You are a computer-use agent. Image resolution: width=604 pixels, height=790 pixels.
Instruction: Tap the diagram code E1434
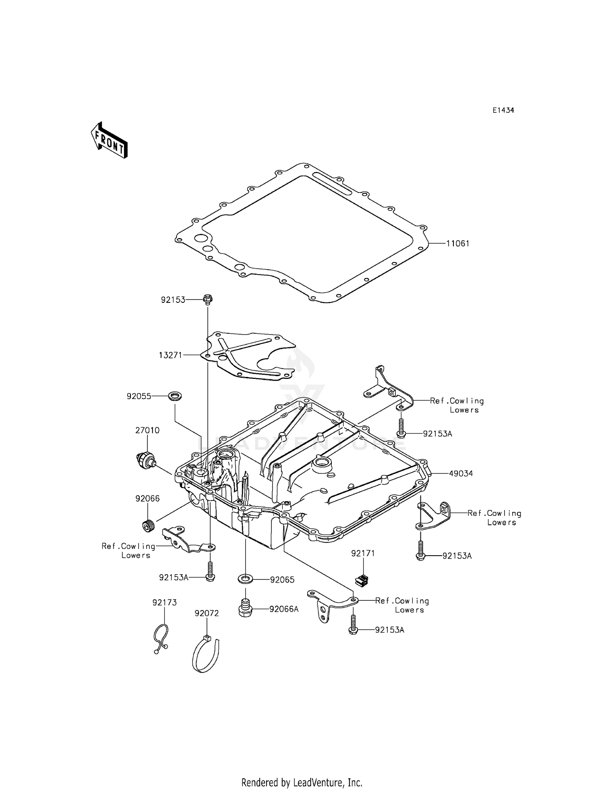coord(503,110)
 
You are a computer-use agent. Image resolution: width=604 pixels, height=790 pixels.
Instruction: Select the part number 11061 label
coord(457,244)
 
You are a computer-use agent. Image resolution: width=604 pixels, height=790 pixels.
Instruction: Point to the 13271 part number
coord(170,355)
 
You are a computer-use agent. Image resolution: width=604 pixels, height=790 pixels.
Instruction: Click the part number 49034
coord(461,474)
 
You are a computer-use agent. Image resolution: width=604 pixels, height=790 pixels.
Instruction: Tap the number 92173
coord(164,603)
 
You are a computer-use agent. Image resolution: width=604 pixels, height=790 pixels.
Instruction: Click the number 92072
coord(207,613)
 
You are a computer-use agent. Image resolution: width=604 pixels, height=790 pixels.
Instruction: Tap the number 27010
coord(147,430)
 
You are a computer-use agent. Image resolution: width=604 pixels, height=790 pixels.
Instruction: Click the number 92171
coord(363,554)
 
